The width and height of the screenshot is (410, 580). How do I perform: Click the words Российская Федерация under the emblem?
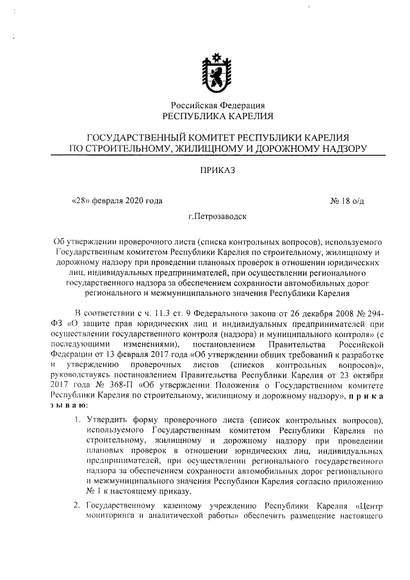click(x=217, y=105)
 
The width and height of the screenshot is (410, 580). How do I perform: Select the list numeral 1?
click(x=76, y=420)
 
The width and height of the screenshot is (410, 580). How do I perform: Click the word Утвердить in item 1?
click(x=106, y=420)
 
